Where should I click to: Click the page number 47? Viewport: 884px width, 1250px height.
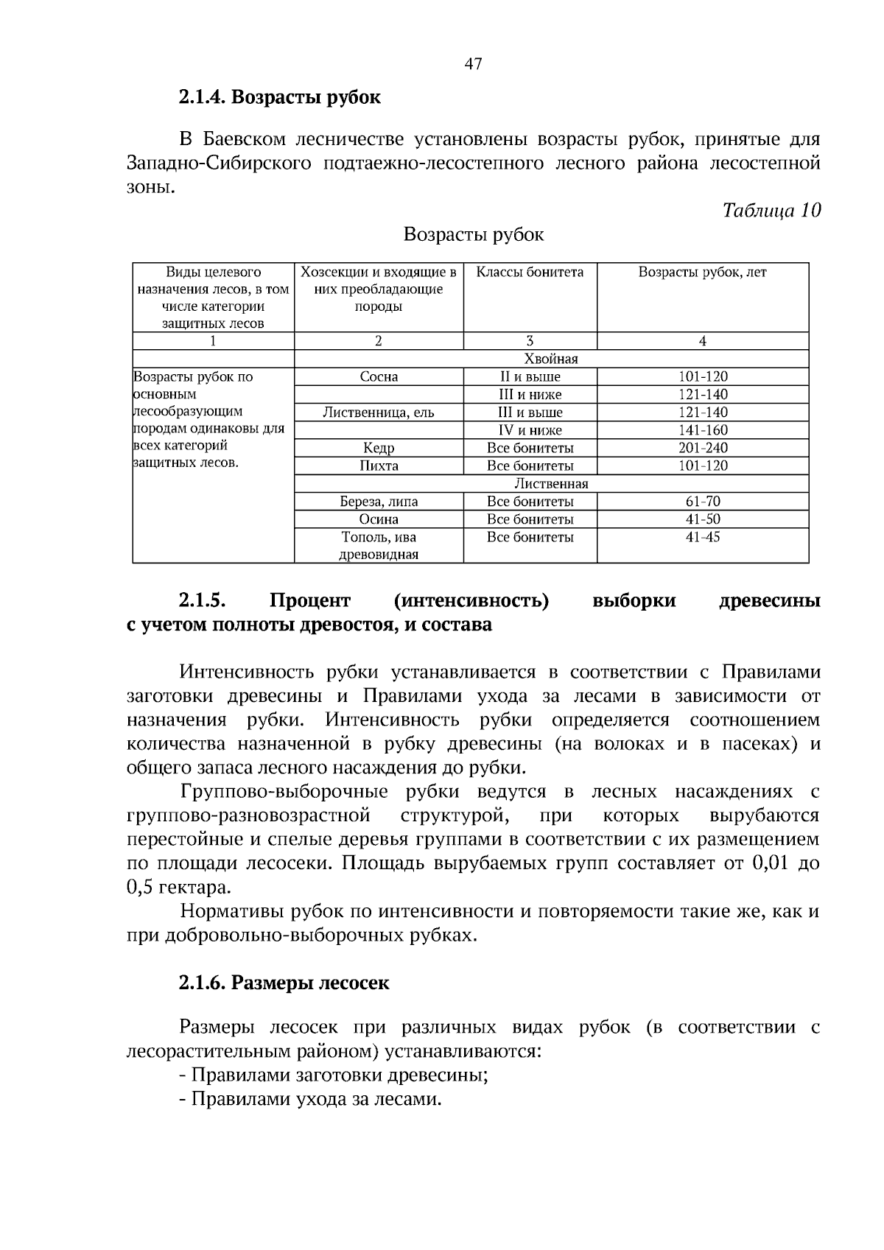[x=473, y=64]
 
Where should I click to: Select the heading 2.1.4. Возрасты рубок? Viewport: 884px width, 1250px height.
[x=279, y=97]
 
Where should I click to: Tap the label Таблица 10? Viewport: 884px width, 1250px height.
[x=771, y=211]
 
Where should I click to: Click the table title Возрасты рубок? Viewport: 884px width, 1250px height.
[x=474, y=235]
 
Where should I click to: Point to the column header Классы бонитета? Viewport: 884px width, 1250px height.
[x=530, y=273]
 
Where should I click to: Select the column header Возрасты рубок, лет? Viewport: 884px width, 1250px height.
[x=702, y=273]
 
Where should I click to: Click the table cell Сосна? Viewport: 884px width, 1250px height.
[x=379, y=377]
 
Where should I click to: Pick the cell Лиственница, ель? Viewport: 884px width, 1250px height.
[x=379, y=412]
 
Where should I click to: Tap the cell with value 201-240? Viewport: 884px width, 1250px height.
[x=702, y=448]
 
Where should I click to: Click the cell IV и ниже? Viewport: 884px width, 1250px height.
[x=530, y=430]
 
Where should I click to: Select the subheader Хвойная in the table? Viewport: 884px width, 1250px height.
[x=550, y=359]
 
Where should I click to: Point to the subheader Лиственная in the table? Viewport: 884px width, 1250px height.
[x=550, y=484]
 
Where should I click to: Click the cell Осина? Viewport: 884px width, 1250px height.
[x=379, y=519]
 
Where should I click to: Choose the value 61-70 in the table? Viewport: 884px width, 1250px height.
[x=702, y=502]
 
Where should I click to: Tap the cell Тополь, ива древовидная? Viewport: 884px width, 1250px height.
[x=379, y=546]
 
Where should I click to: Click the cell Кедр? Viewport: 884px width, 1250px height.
[x=379, y=448]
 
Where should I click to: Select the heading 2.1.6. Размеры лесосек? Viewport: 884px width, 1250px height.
[x=284, y=983]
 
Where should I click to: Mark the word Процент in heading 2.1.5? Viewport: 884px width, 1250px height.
[x=310, y=601]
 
